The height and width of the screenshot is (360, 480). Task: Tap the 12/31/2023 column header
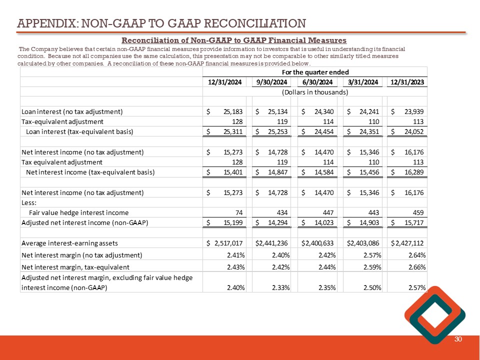pos(408,82)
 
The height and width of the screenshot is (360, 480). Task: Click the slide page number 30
pos(457,340)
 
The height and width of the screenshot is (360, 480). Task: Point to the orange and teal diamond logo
pos(434,315)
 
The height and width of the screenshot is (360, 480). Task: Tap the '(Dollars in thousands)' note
pos(315,92)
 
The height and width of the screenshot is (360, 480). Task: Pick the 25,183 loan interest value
pos(230,111)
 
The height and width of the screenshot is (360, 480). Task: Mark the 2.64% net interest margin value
pos(415,255)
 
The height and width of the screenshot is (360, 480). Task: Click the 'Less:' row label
pos(29,202)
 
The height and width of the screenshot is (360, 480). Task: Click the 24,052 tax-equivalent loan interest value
pos(413,132)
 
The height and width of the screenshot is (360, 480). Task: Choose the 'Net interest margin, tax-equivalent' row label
pos(75,267)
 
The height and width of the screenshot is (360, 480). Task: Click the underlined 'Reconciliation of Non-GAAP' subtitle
pos(234,40)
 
